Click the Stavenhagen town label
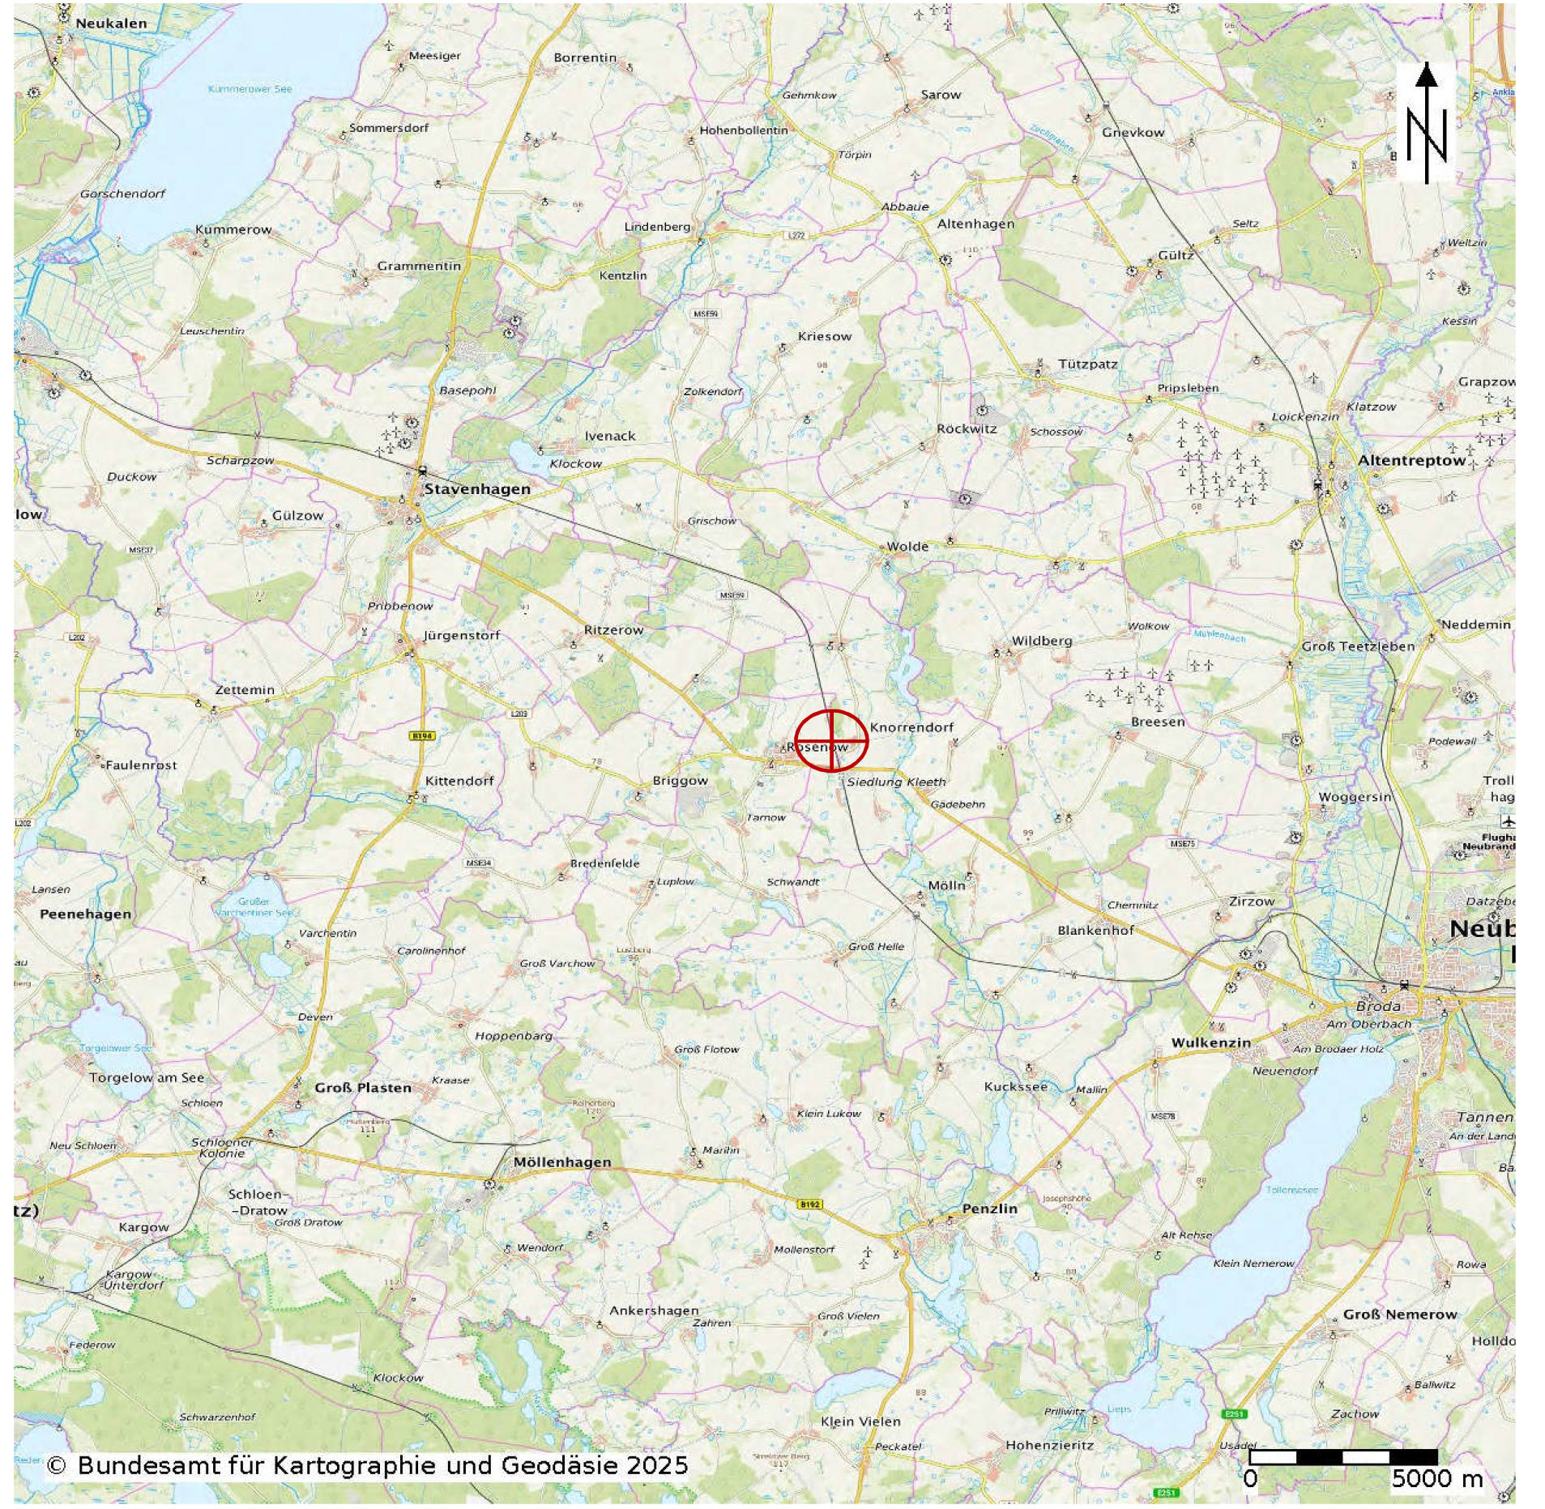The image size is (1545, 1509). tap(476, 489)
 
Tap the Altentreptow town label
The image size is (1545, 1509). tap(1411, 460)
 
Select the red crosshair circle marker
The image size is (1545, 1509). tap(830, 740)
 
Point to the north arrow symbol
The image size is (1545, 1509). tap(1425, 123)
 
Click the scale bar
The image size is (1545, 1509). tap(1342, 1456)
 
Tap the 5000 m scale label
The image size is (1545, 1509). tap(1436, 1479)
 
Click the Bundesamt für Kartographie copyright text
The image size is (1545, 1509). tap(367, 1464)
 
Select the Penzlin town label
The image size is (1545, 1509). tap(989, 1208)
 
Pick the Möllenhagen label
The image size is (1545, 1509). tap(561, 1162)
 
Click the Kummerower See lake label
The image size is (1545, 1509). tap(250, 89)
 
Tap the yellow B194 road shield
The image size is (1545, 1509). tap(421, 735)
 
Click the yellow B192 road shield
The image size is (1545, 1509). tap(810, 1204)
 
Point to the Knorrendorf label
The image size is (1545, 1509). tap(911, 727)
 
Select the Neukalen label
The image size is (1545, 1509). tap(111, 23)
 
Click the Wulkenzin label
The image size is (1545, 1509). tap(1210, 1042)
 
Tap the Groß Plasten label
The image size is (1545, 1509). tap(363, 1087)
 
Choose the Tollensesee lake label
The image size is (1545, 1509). tap(1291, 1190)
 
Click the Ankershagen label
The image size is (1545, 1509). tap(654, 1311)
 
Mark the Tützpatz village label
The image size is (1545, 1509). tap(1087, 364)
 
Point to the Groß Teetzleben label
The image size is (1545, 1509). tap(1358, 646)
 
